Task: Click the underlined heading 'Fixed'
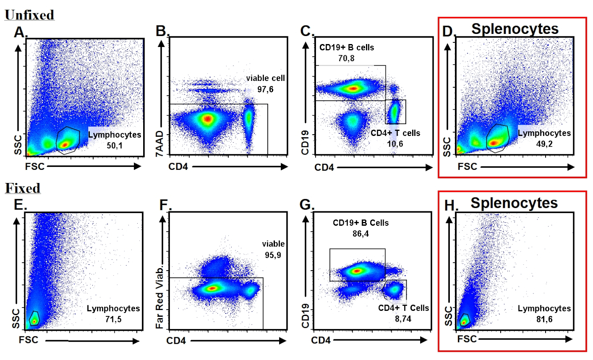22,188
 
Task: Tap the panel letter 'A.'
20,32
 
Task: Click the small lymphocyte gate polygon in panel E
33,318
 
